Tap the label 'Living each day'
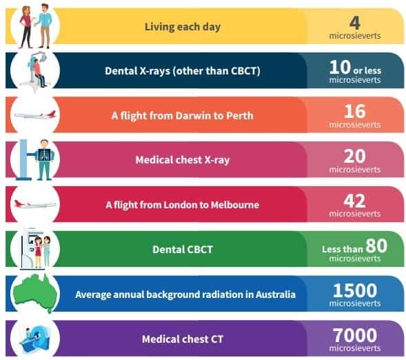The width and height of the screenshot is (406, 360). (x=182, y=26)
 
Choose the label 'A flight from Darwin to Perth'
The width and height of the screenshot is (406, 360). (x=182, y=115)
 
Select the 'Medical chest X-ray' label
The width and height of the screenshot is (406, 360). (x=182, y=160)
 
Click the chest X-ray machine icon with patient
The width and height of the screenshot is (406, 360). (x=34, y=159)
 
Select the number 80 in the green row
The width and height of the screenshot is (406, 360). (x=375, y=244)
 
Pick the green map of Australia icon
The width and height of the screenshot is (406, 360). (x=34, y=293)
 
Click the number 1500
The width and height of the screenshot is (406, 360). (x=354, y=288)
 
